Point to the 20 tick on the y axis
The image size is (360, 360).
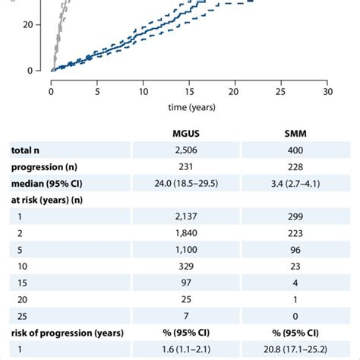(29, 24)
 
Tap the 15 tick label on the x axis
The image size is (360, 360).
(189, 91)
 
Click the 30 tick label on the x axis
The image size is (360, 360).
(327, 91)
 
